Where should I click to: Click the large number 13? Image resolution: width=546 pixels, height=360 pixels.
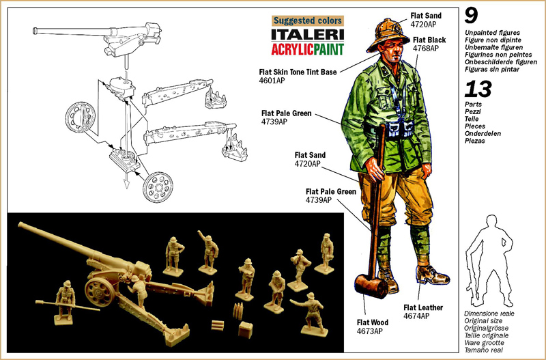click(478, 88)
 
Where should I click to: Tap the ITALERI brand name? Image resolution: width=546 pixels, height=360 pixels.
click(308, 34)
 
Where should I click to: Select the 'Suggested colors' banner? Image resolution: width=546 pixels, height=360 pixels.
click(308, 20)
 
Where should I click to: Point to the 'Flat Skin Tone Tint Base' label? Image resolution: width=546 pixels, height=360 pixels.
click(295, 71)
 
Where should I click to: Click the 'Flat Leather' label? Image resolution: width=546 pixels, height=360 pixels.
click(424, 307)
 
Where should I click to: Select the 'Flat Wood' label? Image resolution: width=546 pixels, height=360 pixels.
click(373, 322)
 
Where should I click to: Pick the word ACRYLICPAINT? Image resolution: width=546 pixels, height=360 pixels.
click(308, 49)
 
